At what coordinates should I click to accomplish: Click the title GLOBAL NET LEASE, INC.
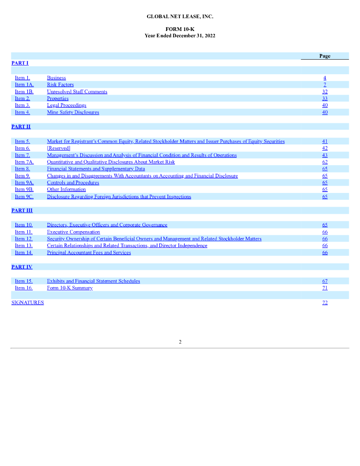[x=180, y=17]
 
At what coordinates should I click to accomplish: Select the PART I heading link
[x=20, y=63]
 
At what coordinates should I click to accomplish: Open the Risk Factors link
[x=60, y=85]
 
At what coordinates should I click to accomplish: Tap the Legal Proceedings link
[x=66, y=105]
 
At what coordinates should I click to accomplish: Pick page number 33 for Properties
[x=325, y=98]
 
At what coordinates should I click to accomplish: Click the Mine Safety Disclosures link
[x=73, y=112]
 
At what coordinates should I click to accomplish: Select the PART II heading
[x=21, y=127]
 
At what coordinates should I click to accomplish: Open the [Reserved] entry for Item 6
[x=59, y=148]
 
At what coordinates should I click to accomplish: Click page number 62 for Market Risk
[x=325, y=162]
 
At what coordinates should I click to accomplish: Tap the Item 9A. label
[x=25, y=182]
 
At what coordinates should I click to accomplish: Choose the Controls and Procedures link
[x=73, y=182]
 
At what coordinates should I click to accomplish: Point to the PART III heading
[x=22, y=210]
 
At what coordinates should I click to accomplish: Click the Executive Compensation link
[x=73, y=232]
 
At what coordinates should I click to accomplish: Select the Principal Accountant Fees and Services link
[x=89, y=253]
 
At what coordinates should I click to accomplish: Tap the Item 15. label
[x=24, y=281]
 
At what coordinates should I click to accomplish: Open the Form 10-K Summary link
[x=70, y=288]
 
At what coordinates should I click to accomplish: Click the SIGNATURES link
[x=27, y=303]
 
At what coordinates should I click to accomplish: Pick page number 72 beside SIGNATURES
[x=325, y=303]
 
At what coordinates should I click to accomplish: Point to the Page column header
[x=325, y=56]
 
